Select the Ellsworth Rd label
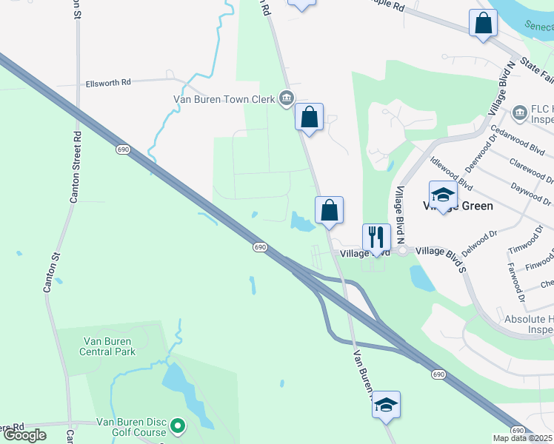[108, 82]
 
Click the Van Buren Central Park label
[109, 346]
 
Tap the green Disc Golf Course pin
[178, 426]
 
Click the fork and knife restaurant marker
[376, 238]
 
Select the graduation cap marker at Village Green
[444, 195]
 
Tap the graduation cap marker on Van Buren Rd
[386, 405]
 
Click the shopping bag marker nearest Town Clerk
[309, 117]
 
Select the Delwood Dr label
[477, 240]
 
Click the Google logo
[24, 435]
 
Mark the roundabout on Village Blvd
[403, 252]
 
